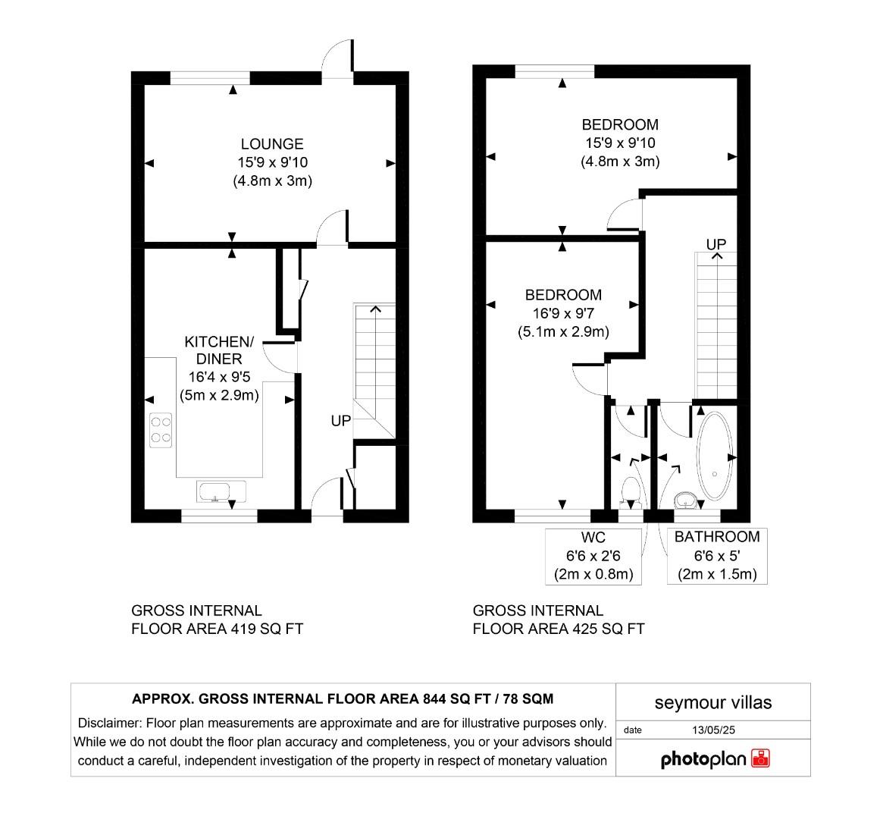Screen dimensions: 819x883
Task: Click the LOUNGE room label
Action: tap(272, 144)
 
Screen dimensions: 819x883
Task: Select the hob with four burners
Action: tap(161, 429)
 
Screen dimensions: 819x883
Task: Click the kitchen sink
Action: tap(221, 491)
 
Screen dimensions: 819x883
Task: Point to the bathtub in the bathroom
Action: tap(714, 457)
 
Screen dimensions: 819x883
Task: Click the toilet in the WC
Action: tap(630, 492)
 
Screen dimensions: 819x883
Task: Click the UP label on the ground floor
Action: tap(341, 420)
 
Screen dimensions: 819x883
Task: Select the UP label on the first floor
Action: tap(716, 244)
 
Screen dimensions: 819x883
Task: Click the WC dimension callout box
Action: tap(594, 556)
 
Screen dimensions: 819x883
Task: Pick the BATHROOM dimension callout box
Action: tap(717, 556)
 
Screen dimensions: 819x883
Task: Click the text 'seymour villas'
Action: tap(713, 703)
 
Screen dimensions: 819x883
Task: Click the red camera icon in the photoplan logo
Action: tap(760, 758)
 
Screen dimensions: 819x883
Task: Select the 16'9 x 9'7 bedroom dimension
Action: tap(564, 313)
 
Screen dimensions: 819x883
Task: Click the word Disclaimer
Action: tap(109, 723)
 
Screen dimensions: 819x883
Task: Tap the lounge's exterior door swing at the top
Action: tap(338, 57)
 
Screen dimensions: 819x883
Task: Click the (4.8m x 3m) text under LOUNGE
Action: tap(273, 181)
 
